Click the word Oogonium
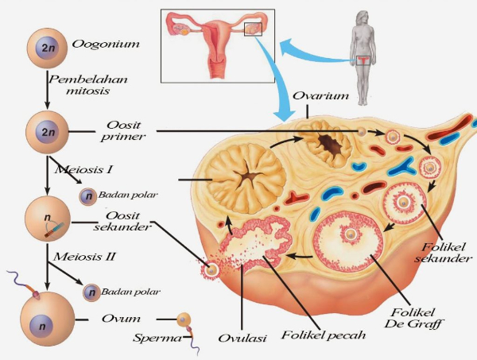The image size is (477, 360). click(106, 44)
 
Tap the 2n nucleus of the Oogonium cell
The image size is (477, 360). click(47, 48)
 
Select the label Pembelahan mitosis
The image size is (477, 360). click(88, 85)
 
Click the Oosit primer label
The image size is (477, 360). click(123, 131)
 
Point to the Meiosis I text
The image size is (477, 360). click(83, 169)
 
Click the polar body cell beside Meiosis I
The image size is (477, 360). click(88, 196)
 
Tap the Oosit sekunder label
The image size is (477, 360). click(122, 221)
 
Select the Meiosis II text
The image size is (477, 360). click(84, 257)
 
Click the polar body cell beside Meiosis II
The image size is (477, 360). click(91, 292)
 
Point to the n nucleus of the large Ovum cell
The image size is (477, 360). click(41, 327)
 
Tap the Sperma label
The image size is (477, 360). click(157, 338)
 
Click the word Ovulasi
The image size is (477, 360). click(242, 338)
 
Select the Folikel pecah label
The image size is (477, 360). click(323, 335)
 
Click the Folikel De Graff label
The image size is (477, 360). click(413, 318)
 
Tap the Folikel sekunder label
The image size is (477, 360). click(444, 253)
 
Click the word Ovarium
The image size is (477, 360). click(320, 96)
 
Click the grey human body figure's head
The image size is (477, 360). click(363, 19)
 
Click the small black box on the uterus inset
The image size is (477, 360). click(253, 29)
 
